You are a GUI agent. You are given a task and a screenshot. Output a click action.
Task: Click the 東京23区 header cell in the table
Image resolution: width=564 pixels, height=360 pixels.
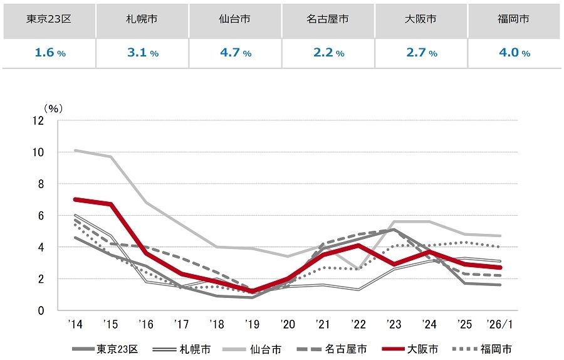[50, 19]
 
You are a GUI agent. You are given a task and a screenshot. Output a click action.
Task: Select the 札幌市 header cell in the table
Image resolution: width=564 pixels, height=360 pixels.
[142, 19]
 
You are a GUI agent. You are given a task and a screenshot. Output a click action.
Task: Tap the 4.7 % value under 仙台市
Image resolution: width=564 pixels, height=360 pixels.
[236, 53]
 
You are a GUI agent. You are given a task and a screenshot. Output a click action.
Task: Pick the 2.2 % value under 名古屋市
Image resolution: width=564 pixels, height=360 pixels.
[328, 53]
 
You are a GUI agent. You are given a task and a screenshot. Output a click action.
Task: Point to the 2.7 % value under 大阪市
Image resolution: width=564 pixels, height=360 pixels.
[421, 53]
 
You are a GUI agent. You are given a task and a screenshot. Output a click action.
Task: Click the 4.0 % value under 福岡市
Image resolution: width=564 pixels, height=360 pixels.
[514, 53]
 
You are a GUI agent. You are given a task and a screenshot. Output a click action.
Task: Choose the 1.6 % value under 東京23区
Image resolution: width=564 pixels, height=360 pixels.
[50, 53]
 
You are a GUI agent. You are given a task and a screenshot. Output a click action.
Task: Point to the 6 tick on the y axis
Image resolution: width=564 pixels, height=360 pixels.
[41, 216]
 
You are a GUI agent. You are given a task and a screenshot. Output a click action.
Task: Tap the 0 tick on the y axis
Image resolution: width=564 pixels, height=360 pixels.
[41, 310]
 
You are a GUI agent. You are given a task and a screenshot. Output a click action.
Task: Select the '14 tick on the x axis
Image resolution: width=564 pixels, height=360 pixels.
[75, 325]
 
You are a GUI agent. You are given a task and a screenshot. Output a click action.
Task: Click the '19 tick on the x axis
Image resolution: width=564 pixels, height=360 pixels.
[251, 325]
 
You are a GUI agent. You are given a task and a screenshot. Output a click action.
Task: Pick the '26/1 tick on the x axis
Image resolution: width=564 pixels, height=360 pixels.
[500, 325]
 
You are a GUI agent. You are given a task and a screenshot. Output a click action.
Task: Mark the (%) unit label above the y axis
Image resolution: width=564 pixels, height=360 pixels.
[51, 108]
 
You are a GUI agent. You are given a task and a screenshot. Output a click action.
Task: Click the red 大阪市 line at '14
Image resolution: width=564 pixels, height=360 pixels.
[75, 199]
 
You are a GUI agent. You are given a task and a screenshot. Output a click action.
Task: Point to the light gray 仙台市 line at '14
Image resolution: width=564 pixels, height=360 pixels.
[75, 150]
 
